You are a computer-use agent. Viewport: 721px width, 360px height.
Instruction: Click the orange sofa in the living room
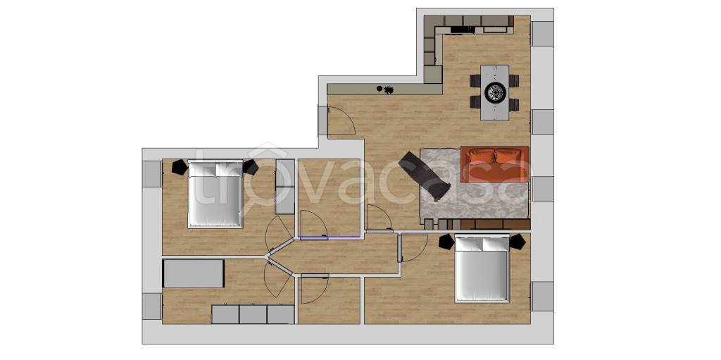click(495, 164)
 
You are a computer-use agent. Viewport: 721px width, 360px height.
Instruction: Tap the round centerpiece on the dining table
click(495, 92)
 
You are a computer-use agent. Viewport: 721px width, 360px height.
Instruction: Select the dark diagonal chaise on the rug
click(425, 176)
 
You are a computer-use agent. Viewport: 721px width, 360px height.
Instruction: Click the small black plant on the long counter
click(385, 89)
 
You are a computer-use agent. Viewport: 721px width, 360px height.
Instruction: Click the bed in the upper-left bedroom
click(215, 194)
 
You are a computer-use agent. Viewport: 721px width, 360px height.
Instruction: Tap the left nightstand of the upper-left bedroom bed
click(180, 167)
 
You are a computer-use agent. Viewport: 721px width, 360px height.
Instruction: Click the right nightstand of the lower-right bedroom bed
click(518, 242)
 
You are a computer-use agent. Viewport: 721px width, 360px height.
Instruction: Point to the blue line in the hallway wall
click(329, 237)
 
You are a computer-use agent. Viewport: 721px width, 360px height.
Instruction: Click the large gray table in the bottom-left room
click(194, 273)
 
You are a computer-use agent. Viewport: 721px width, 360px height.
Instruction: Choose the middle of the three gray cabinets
click(253, 314)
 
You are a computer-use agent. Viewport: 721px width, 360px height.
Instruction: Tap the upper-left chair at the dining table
click(475, 81)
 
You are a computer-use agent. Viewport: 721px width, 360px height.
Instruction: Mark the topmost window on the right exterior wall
click(543, 34)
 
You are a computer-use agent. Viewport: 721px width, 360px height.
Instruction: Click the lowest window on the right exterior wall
click(543, 297)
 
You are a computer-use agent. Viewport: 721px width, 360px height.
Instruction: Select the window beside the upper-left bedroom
click(151, 174)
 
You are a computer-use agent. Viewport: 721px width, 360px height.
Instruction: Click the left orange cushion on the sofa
click(482, 156)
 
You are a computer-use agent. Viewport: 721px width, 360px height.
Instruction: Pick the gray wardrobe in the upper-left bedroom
click(284, 187)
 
